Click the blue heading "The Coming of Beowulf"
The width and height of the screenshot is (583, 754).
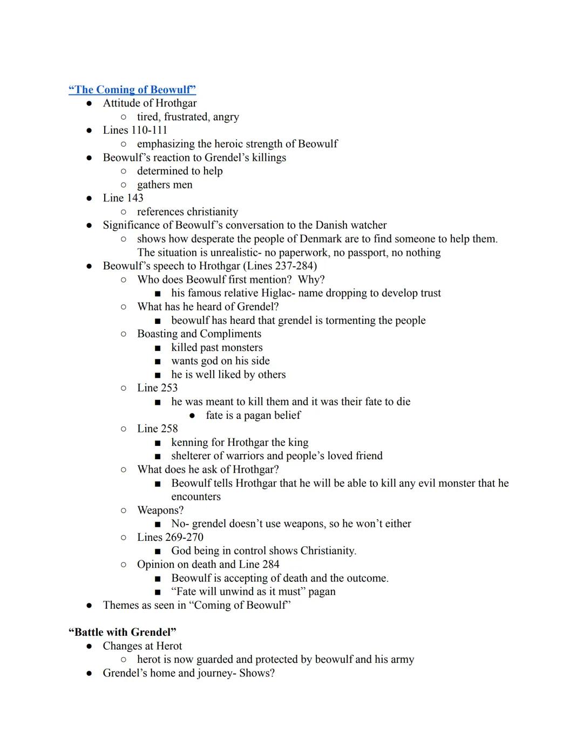point(132,90)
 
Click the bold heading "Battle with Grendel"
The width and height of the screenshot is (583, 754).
point(123,632)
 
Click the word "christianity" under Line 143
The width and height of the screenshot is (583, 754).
point(209,212)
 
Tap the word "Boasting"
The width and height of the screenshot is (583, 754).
point(157,334)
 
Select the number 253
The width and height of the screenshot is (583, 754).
point(168,388)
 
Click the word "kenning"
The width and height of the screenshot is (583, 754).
point(189,443)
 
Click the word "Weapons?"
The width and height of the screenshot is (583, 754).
point(160,510)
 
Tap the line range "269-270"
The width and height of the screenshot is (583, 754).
point(185,538)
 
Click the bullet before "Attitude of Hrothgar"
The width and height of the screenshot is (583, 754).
point(90,103)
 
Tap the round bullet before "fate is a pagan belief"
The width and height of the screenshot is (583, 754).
point(192,416)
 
